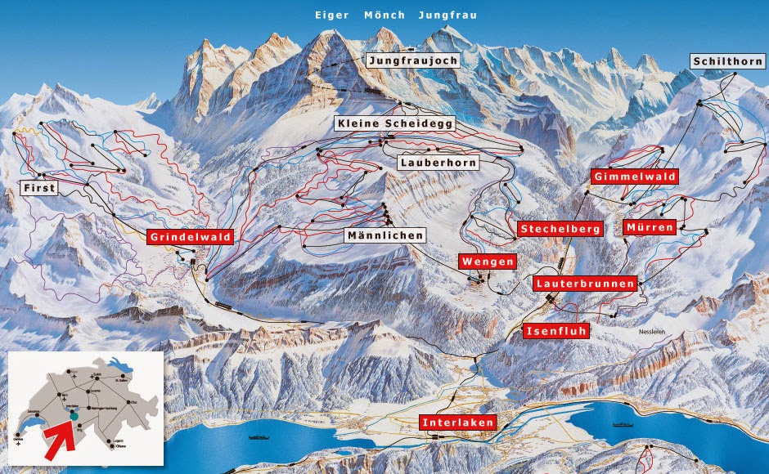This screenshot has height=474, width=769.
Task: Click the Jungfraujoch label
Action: point(413,60)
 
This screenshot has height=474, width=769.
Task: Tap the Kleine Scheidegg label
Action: point(394,123)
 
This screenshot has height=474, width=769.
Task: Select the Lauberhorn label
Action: point(437,163)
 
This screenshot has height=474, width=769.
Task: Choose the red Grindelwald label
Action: point(191,237)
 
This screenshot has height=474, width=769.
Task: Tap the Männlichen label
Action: point(384,235)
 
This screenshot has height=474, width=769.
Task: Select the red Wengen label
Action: point(488,262)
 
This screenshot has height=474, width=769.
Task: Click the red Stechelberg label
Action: point(560,229)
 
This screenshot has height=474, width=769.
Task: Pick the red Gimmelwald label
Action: point(634,177)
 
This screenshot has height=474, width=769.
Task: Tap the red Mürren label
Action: point(649,226)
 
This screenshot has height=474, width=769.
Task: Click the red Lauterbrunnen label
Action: point(585,284)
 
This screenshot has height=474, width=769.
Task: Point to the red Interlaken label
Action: point(457,423)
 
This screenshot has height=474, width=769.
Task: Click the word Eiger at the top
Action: point(331,15)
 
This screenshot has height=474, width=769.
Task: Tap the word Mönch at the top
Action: point(383,15)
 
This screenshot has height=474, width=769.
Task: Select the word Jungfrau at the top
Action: point(447,15)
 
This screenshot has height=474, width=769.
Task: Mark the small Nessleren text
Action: point(655,333)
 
